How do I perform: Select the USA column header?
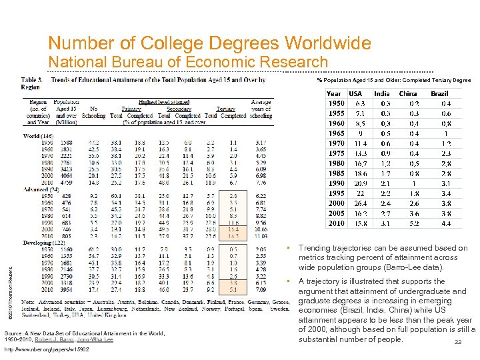(x=357, y=94)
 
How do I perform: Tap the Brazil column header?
(x=439, y=94)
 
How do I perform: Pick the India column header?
(x=382, y=94)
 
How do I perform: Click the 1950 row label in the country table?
(x=335, y=104)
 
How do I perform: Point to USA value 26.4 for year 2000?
(x=360, y=203)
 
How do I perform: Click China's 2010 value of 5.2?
(x=414, y=223)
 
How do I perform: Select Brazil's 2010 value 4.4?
(x=446, y=223)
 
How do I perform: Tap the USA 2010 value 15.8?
(x=360, y=223)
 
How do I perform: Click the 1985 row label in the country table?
(x=335, y=173)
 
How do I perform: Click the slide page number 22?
(x=457, y=343)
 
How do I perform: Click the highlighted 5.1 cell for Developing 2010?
(x=233, y=289)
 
